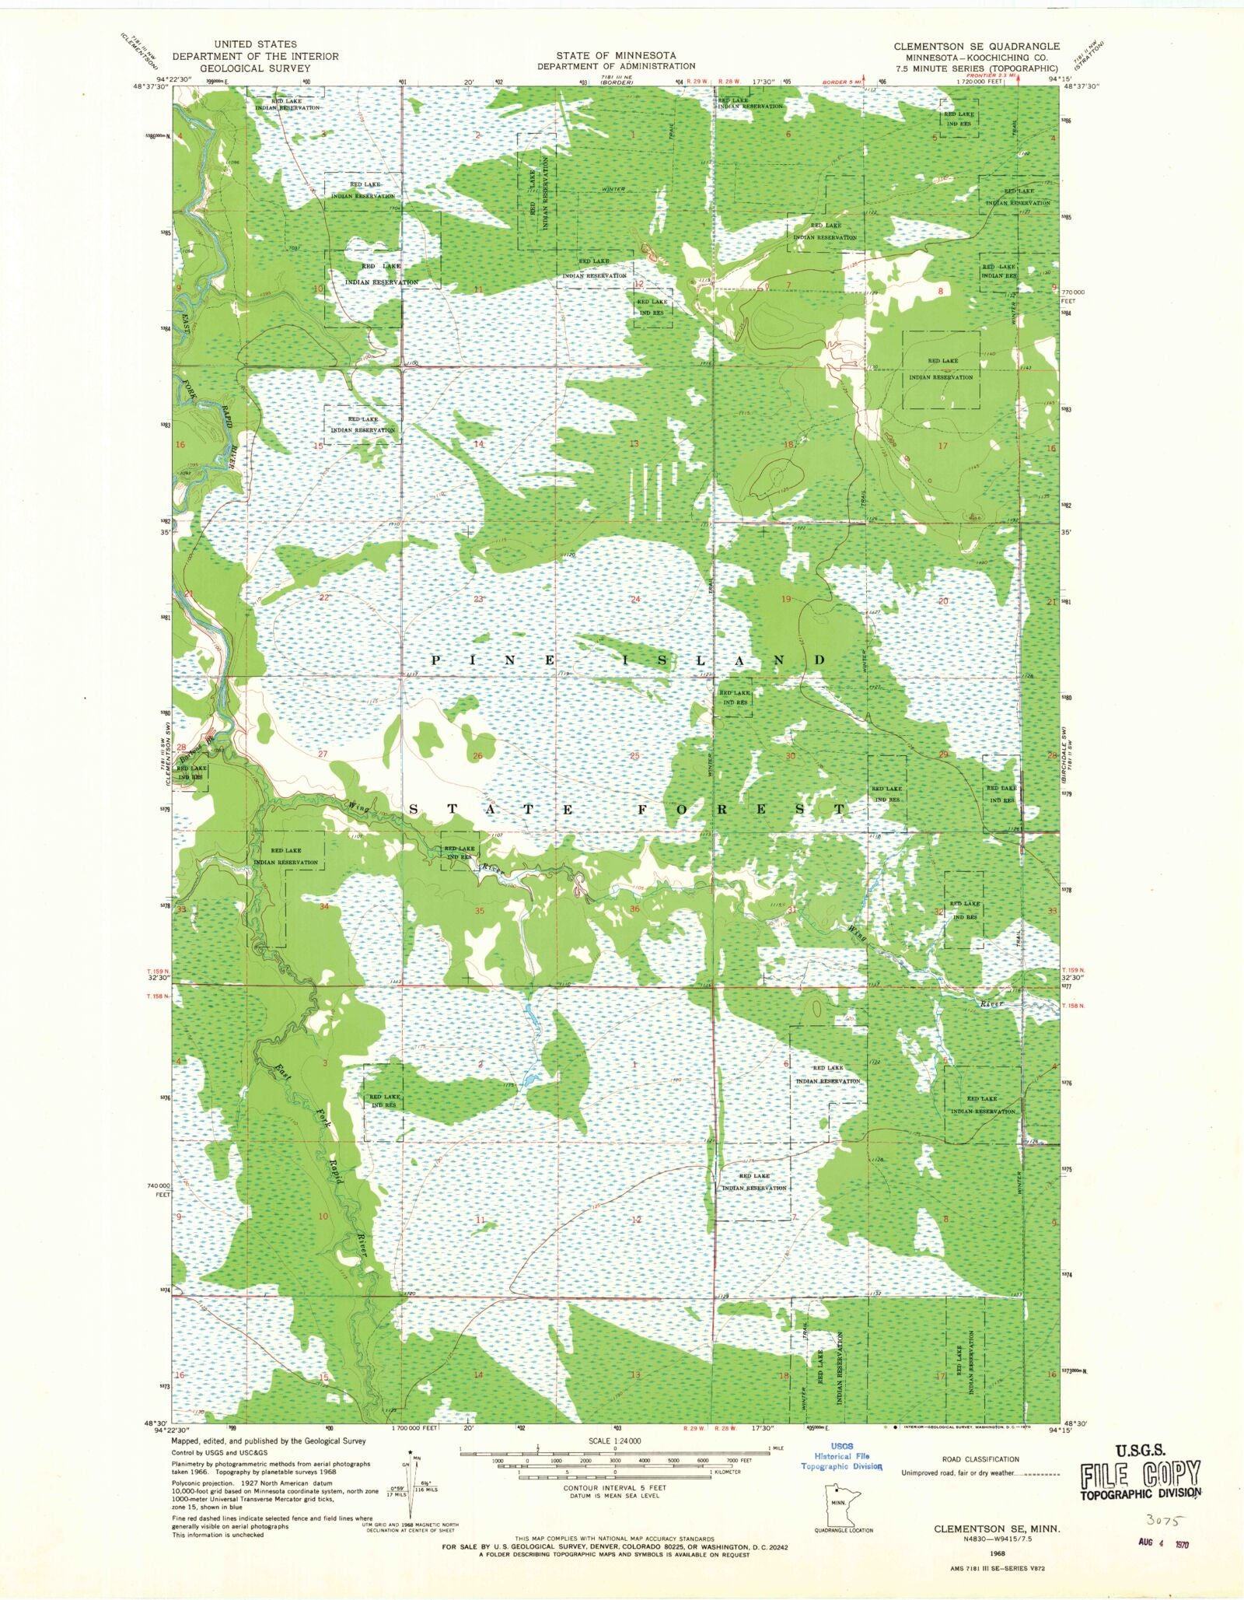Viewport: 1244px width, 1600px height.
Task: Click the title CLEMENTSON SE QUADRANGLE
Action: pyautogui.click(x=976, y=46)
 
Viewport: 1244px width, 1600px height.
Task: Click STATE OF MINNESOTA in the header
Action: pyautogui.click(x=615, y=55)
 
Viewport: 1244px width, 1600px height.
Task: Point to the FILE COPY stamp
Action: pyautogui.click(x=1140, y=1474)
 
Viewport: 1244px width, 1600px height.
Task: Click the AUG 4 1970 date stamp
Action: pyautogui.click(x=1162, y=1542)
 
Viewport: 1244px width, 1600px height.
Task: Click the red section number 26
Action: pyautogui.click(x=477, y=755)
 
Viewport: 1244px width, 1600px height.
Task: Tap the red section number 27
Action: pyautogui.click(x=323, y=754)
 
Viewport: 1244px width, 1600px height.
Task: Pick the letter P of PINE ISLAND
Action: pyautogui.click(x=436, y=660)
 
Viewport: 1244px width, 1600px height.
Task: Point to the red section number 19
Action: pyautogui.click(x=786, y=599)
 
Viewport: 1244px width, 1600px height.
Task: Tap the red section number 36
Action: pyautogui.click(x=634, y=909)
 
